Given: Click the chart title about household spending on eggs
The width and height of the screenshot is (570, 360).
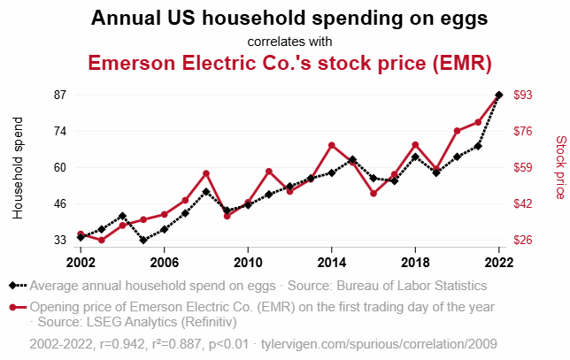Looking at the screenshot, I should click(289, 19).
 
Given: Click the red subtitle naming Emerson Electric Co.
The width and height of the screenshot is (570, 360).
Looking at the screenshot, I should click(289, 64).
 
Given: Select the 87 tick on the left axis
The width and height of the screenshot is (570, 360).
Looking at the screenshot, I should click(61, 95).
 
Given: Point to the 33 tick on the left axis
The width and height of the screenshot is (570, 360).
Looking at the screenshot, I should click(61, 240).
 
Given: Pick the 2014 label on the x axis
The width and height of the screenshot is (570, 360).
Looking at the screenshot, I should click(331, 262).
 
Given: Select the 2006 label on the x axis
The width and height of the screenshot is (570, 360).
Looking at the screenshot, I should click(164, 262).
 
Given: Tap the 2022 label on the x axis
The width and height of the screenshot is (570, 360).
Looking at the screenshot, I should click(499, 262).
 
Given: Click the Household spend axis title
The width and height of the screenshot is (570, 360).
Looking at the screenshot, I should click(19, 167).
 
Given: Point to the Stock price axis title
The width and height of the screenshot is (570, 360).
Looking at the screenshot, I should click(559, 167).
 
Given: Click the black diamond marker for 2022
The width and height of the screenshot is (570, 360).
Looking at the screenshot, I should click(499, 95).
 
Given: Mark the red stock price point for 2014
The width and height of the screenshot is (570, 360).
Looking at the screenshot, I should click(331, 145).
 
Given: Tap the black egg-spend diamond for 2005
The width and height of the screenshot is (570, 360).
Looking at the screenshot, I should click(143, 240).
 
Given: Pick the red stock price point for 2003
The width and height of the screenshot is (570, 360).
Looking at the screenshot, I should click(101, 240).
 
